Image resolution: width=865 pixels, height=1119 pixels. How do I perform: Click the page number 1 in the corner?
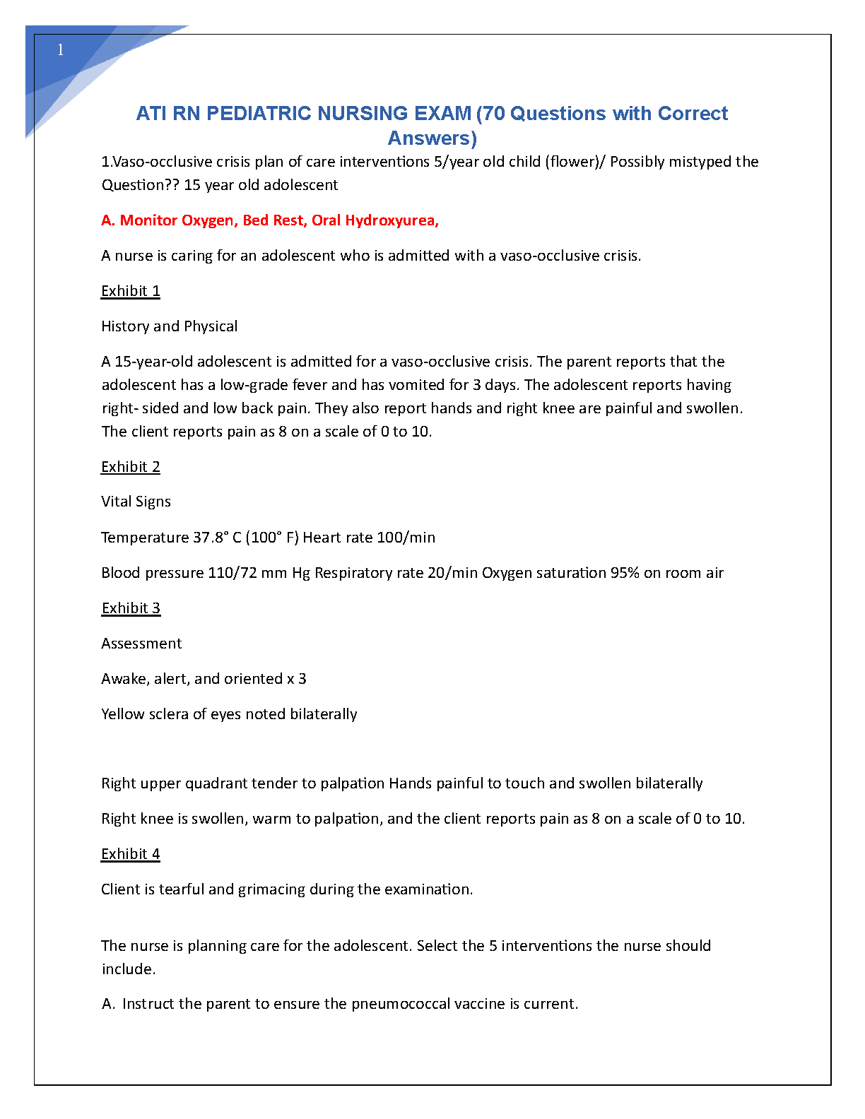[x=61, y=49]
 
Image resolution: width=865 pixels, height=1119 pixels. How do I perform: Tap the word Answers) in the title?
[x=432, y=138]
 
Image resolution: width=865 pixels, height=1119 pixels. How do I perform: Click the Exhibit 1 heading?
[x=131, y=291]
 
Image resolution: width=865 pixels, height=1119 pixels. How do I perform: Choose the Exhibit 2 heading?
[x=131, y=467]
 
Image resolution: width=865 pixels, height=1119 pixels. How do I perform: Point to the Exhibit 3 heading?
[x=131, y=608]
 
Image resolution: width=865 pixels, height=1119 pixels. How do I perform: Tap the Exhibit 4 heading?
[x=131, y=854]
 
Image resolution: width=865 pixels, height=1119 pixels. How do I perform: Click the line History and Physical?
[x=169, y=326]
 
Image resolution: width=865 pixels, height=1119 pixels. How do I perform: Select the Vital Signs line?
[x=136, y=502]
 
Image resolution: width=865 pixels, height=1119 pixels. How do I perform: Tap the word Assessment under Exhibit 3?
[x=141, y=644]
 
